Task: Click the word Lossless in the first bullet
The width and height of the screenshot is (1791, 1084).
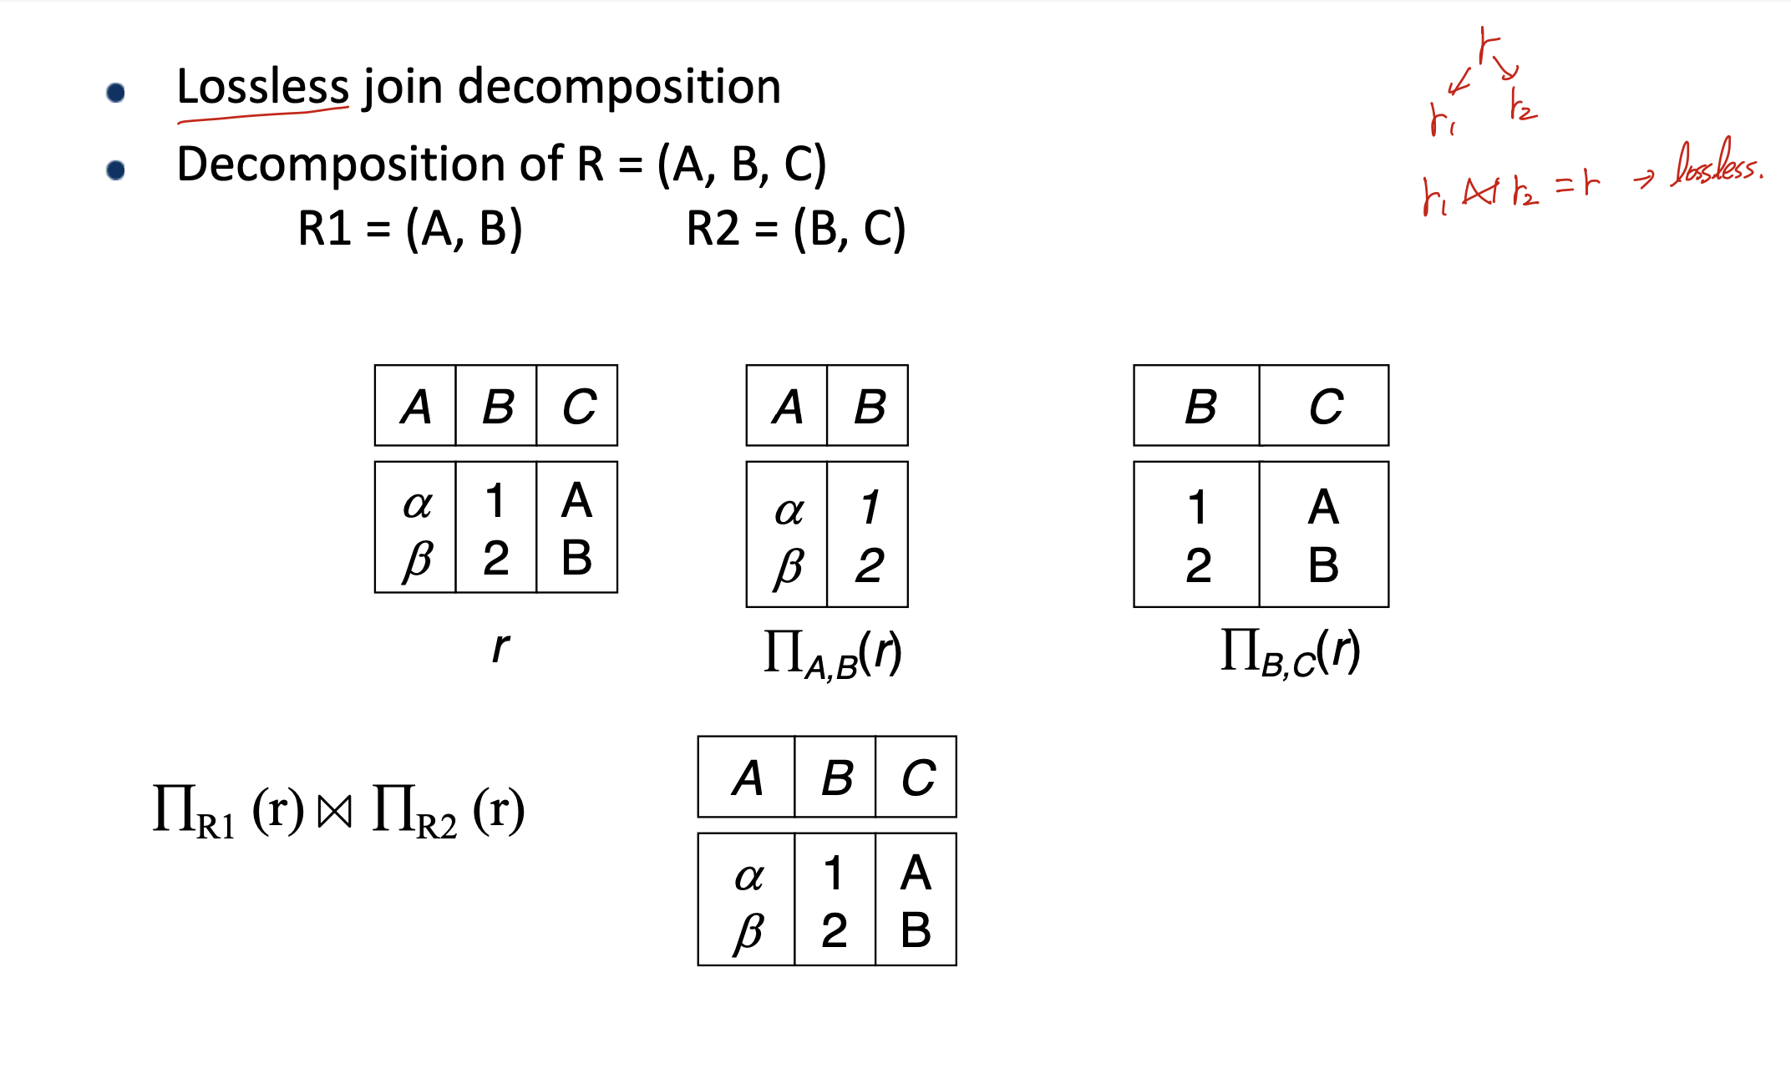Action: pyautogui.click(x=262, y=87)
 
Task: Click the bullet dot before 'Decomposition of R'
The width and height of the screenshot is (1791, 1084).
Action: pyautogui.click(x=116, y=170)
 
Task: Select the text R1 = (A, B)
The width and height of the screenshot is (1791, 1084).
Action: pyautogui.click(x=410, y=228)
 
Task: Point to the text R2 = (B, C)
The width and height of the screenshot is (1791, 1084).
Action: pyautogui.click(x=795, y=228)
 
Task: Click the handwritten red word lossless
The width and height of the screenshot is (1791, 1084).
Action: pyautogui.click(x=1716, y=165)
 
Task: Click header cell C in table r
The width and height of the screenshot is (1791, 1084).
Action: pyautogui.click(x=578, y=407)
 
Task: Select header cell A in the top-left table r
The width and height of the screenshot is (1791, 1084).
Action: pyautogui.click(x=416, y=407)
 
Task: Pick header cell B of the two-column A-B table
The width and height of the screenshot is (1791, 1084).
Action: pyautogui.click(x=869, y=407)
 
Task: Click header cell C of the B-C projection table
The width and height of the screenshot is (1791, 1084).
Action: pyautogui.click(x=1325, y=407)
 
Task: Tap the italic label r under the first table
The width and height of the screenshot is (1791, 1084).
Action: pyautogui.click(x=500, y=647)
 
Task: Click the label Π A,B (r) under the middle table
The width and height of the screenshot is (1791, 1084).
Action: pyautogui.click(x=832, y=654)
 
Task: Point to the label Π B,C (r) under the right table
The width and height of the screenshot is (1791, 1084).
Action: pyautogui.click(x=1290, y=652)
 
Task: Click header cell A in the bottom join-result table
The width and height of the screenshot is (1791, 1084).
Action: pyautogui.click(x=747, y=778)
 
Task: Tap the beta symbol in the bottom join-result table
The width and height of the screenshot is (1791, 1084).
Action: pyautogui.click(x=748, y=931)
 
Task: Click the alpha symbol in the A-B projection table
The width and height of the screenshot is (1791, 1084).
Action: pyautogui.click(x=789, y=510)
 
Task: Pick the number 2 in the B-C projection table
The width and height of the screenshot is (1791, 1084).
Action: pyautogui.click(x=1198, y=565)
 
